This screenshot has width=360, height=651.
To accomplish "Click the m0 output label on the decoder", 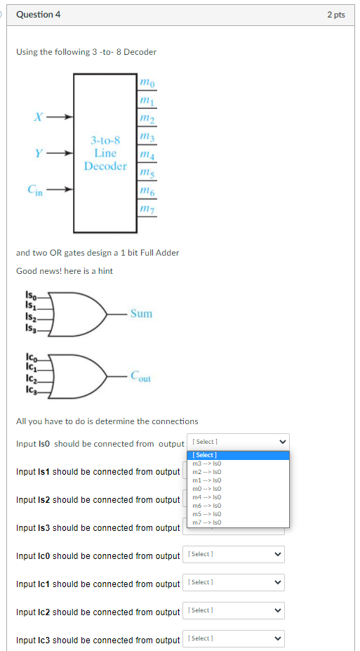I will tap(147, 84).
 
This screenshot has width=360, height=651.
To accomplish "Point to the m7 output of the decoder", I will tap(147, 209).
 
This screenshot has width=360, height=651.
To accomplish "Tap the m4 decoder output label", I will tap(147, 154).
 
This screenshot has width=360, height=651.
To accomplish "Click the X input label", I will tap(39, 117).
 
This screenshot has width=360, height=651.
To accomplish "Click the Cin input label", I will tap(36, 189).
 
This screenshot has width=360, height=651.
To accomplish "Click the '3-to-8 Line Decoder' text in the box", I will tap(105, 153).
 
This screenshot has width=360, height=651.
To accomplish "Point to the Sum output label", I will tap(141, 313).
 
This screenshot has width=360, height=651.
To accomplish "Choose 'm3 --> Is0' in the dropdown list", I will tap(207, 463).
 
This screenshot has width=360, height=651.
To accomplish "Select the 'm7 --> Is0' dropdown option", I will tap(207, 522).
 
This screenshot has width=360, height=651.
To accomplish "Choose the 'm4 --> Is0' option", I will tap(207, 497).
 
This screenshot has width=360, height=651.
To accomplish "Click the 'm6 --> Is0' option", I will tap(207, 506).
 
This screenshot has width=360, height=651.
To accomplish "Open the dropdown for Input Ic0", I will tap(234, 555).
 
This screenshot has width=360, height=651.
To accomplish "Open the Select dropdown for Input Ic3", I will tap(234, 639).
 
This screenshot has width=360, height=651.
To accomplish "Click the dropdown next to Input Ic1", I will tap(234, 583).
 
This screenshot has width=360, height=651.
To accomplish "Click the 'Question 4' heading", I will tap(38, 15).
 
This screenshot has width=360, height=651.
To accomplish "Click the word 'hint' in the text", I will tap(105, 271).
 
